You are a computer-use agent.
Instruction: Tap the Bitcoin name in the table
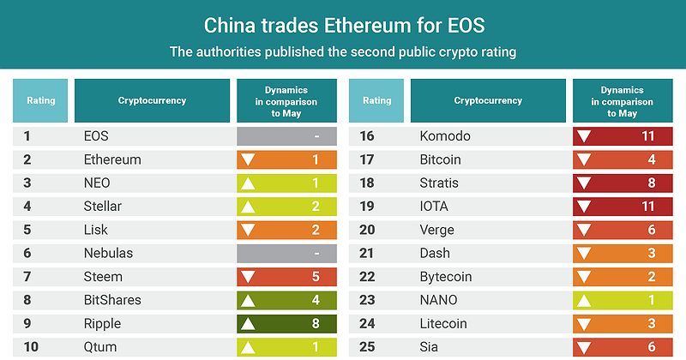click(441, 159)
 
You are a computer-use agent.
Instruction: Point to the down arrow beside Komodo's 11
click(586, 136)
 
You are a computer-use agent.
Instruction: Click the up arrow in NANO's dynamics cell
click(586, 300)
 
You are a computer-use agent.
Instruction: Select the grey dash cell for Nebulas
click(286, 254)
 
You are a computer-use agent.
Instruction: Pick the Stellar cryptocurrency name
click(103, 207)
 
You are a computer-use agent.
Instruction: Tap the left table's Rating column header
click(41, 100)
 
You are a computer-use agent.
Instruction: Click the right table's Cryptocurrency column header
click(488, 100)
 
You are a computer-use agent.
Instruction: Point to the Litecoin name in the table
click(442, 324)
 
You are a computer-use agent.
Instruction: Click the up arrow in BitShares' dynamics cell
click(250, 301)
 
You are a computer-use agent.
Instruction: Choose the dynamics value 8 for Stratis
click(651, 183)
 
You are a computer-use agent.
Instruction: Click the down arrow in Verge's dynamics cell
click(586, 231)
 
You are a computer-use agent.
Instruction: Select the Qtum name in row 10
click(99, 347)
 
